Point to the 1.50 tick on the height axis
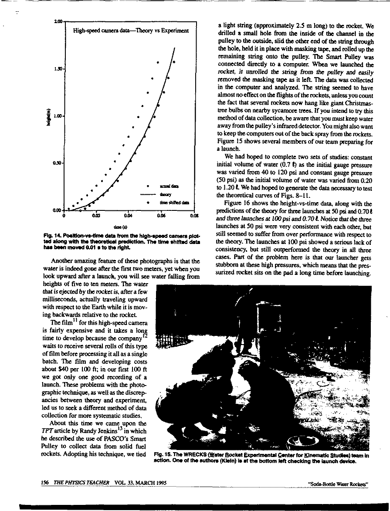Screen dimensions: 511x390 pos(58,69)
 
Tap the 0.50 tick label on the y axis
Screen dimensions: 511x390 pos(58,163)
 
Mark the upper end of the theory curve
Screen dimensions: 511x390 pos(175,47)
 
